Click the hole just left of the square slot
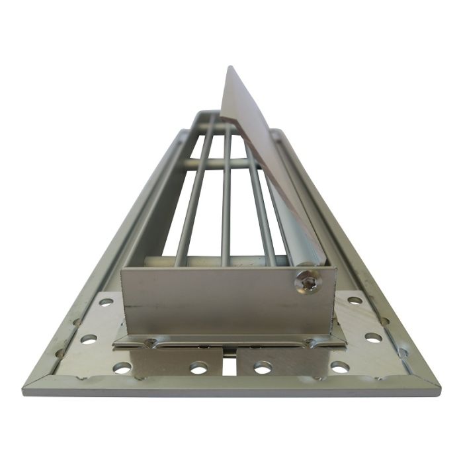198,367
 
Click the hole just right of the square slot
263,366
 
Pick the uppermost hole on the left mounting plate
106,302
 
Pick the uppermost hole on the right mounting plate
355,301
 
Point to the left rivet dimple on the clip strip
151,342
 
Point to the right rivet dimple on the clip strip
308,342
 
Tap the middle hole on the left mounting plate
89,339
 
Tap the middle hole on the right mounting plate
373,337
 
